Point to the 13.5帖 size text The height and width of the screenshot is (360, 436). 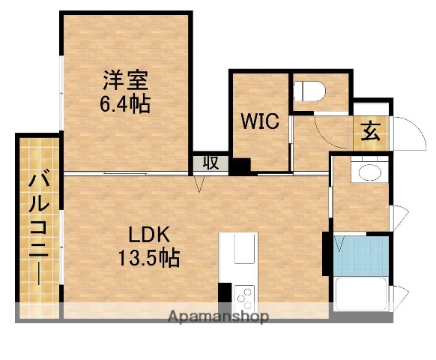coord(147,259)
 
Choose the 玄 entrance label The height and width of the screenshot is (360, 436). coord(371,131)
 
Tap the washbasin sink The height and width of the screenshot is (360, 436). coord(368,172)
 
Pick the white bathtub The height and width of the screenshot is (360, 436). coord(360,293)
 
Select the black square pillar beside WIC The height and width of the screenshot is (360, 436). coord(239,166)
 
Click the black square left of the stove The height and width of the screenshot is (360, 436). coord(225,295)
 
